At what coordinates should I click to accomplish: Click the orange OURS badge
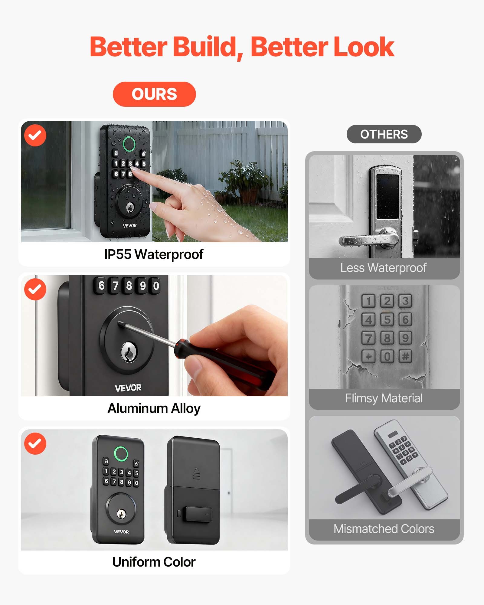(x=154, y=94)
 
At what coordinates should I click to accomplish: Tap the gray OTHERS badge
(x=384, y=134)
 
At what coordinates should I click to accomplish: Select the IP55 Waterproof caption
(x=154, y=254)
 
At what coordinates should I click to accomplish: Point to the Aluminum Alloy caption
(x=154, y=408)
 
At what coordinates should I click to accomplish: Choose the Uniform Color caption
(x=154, y=562)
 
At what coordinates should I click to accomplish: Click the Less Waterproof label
(x=383, y=268)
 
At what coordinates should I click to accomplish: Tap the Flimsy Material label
(x=384, y=398)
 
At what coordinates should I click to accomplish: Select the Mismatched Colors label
(x=384, y=529)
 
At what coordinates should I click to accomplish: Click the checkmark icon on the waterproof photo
(x=35, y=135)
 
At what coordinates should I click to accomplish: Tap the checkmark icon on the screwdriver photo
(x=35, y=289)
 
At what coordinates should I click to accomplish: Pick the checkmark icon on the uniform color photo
(x=35, y=443)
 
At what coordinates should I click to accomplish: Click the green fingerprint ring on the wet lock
(x=129, y=144)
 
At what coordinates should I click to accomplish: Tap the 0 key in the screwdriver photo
(x=156, y=286)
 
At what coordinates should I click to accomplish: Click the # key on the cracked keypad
(x=405, y=356)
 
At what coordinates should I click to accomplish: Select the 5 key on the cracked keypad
(x=387, y=319)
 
